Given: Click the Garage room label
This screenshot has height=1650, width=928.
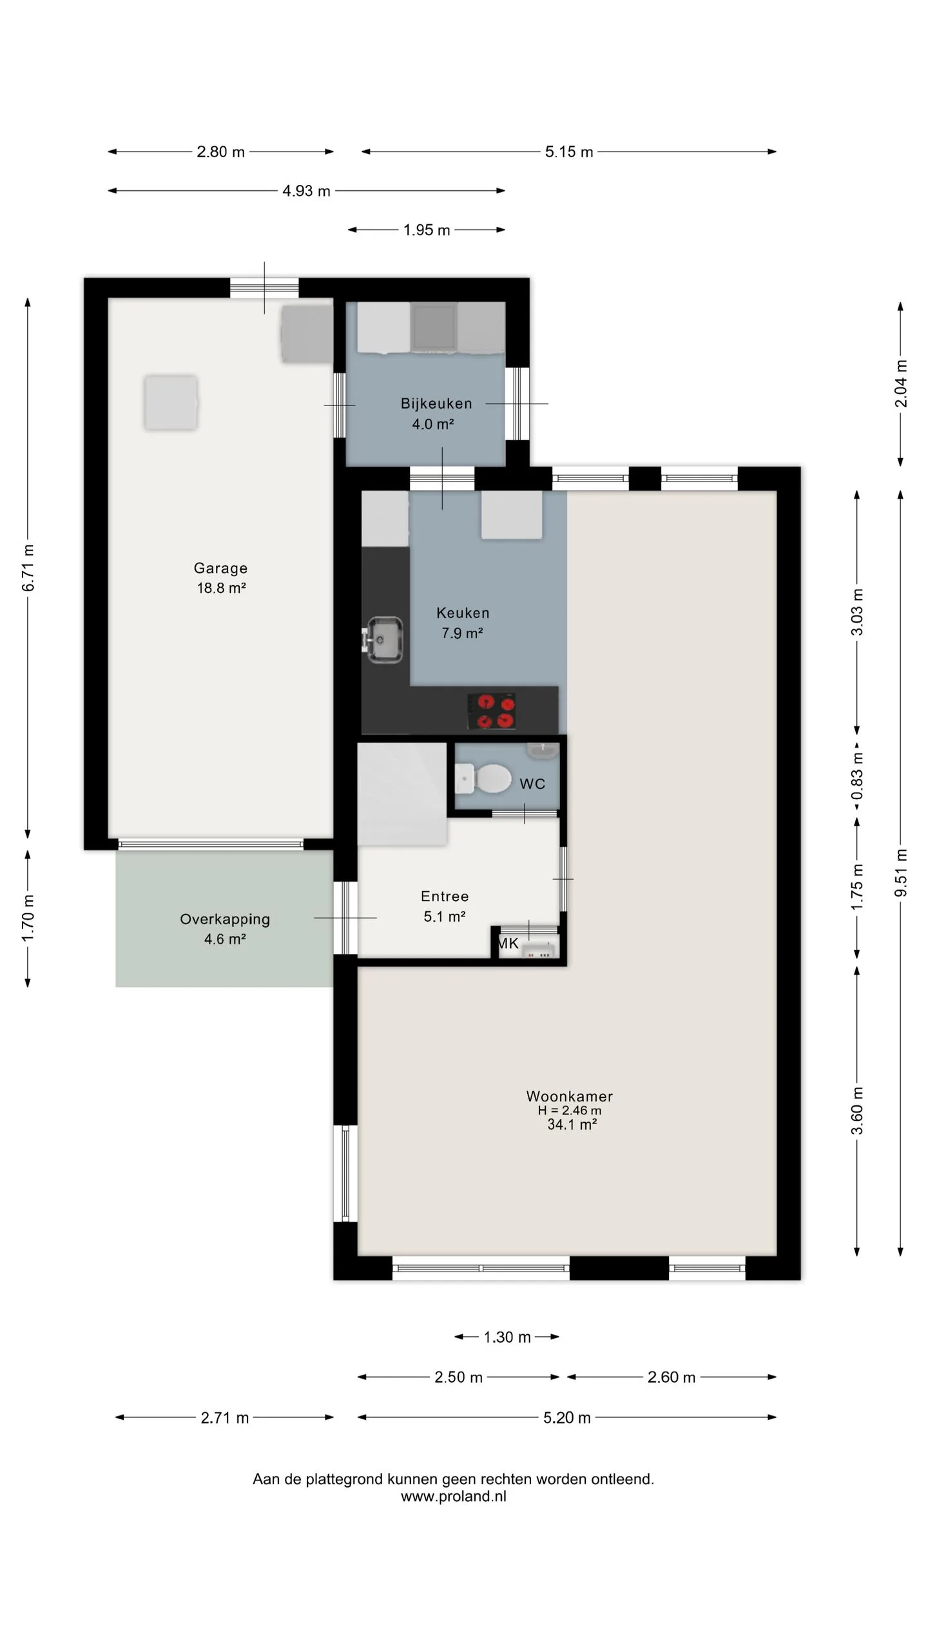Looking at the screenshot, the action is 220,568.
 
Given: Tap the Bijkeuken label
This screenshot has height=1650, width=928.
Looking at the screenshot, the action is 436,403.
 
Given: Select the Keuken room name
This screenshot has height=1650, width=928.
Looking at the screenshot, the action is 463,613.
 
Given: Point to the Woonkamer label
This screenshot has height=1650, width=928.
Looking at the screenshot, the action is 570,1096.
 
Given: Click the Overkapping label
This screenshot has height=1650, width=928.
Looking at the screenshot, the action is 225,919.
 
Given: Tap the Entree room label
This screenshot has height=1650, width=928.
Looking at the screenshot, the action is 445,896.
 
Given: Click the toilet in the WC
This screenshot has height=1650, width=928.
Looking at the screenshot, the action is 483,778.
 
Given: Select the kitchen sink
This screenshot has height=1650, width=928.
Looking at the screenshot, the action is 385,639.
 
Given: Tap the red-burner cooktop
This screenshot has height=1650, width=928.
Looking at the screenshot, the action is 491,711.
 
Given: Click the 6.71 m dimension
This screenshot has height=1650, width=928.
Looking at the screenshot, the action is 28,568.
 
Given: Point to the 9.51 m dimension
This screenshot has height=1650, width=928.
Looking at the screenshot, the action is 901,873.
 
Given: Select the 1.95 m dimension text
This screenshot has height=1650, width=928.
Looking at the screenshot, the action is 427,230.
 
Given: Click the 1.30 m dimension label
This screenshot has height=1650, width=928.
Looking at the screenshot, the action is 507,1337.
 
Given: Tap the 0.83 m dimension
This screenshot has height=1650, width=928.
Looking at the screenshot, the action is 857,776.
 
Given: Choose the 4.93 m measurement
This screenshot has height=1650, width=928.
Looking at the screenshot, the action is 306,191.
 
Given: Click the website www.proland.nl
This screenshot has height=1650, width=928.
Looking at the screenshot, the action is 454,1496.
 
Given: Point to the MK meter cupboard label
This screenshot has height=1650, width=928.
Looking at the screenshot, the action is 508,944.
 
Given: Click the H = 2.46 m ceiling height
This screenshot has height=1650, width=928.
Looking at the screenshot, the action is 570,1111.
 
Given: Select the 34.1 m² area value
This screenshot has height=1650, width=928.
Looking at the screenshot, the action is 572,1125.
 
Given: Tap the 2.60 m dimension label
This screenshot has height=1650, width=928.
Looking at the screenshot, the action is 672,1377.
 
